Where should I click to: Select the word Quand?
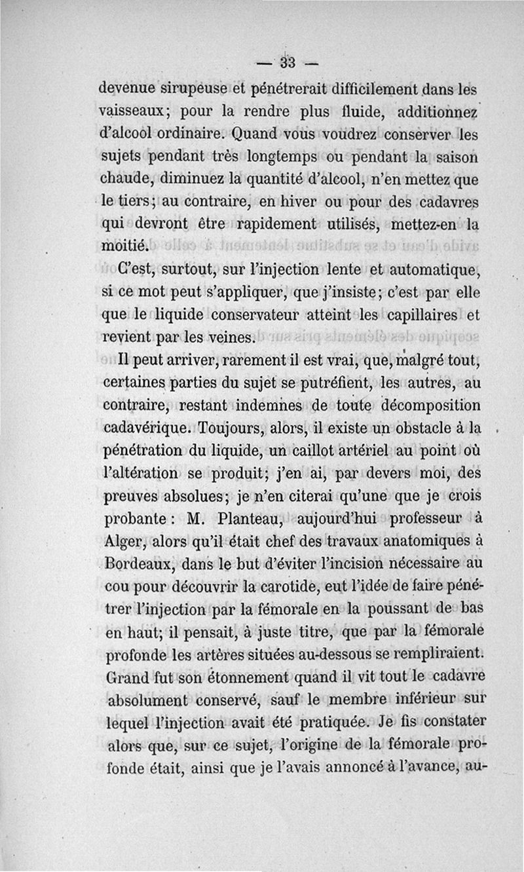point(250,135)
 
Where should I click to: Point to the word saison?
point(456,159)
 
